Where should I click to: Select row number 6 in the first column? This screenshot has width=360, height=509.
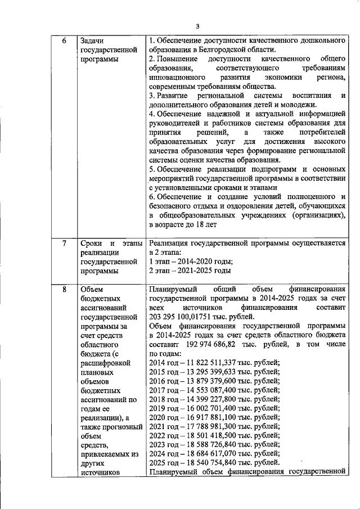coord(64,41)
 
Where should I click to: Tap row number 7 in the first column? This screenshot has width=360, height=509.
coord(64,243)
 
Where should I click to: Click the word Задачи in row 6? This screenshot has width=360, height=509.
coord(92,41)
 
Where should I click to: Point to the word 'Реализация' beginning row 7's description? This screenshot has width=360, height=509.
coord(172,243)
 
